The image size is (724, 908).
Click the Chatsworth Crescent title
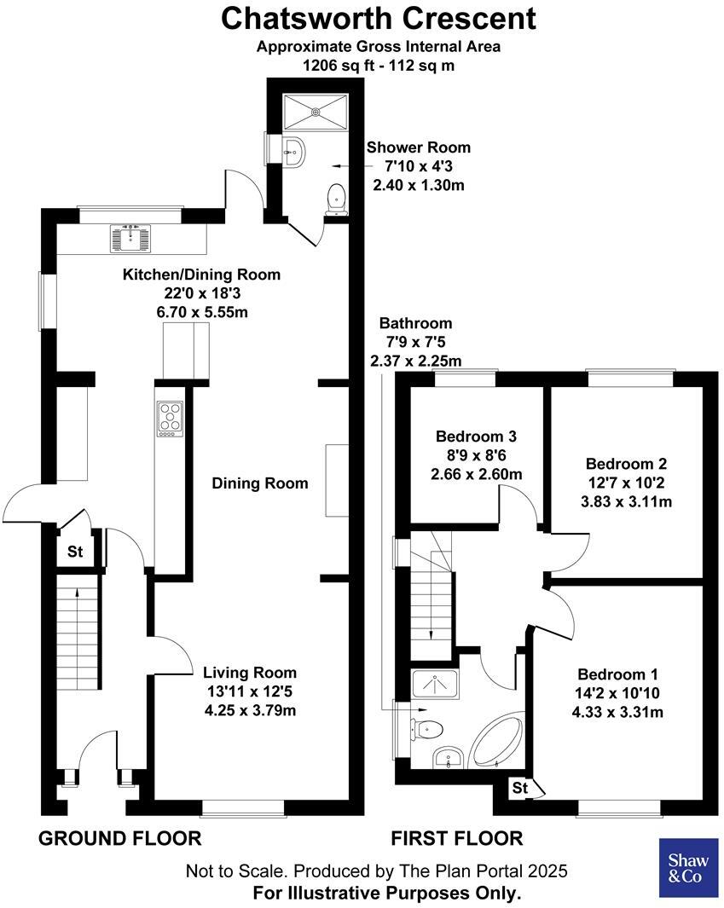379,17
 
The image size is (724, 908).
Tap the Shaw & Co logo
686,868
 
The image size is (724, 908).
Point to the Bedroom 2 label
626,464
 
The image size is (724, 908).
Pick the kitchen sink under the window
130,239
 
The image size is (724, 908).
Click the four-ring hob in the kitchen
171,419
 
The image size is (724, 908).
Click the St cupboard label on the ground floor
76,552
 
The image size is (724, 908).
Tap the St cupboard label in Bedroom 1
519,789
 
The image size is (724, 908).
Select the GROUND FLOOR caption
120,838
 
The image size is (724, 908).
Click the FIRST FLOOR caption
457,838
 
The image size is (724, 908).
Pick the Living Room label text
250,672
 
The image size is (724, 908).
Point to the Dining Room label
260,483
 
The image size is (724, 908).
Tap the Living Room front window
243,805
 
